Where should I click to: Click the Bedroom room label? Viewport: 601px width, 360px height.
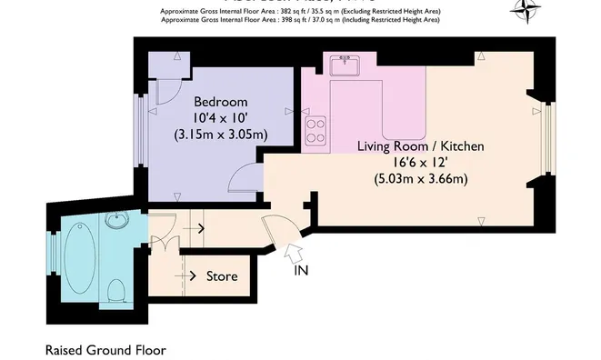220,101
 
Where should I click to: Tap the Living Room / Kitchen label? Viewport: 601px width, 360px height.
419,145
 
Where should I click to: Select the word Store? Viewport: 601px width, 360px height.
222,276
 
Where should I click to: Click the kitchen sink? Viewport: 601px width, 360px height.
345,65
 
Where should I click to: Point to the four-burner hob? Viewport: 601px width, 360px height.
316,131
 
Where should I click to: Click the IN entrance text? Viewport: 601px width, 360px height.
302,271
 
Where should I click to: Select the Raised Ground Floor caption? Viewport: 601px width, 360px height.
105,349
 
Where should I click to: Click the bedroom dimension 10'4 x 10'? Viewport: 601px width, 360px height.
219,117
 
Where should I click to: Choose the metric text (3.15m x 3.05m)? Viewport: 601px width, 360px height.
220,134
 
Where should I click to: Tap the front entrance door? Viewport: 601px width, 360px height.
276,231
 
